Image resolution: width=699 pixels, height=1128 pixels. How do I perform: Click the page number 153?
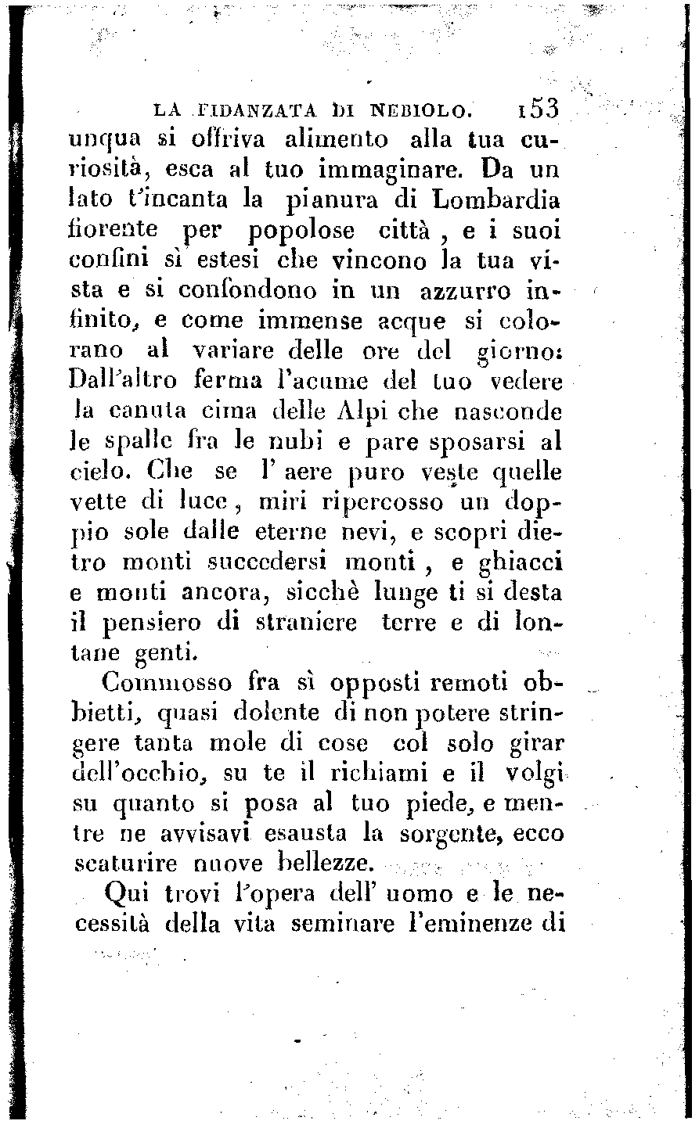537,110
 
